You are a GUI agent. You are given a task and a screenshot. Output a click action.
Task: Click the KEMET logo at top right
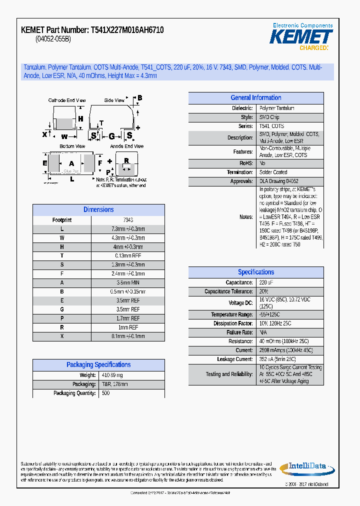tap(301, 36)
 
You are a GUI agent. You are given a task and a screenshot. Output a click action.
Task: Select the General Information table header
tap(255, 98)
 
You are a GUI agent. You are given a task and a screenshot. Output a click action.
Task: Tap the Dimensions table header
tap(98, 210)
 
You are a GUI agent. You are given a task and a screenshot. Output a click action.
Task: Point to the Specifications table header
tap(255, 272)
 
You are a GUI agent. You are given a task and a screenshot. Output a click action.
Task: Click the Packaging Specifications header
tap(98, 365)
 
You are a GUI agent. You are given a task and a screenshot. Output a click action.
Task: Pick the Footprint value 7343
tap(128, 220)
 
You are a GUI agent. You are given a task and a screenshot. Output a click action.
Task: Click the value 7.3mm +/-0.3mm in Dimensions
tap(128, 229)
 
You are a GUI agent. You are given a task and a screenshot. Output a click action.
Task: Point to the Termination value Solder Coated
tap(273, 172)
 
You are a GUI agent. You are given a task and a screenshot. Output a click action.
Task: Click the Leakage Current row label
tap(235, 359)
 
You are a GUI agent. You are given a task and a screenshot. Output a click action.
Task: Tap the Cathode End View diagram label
tap(67, 100)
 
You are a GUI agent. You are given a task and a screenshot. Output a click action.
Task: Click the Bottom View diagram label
tap(72, 146)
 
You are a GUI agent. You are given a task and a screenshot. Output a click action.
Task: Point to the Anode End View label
tap(127, 146)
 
